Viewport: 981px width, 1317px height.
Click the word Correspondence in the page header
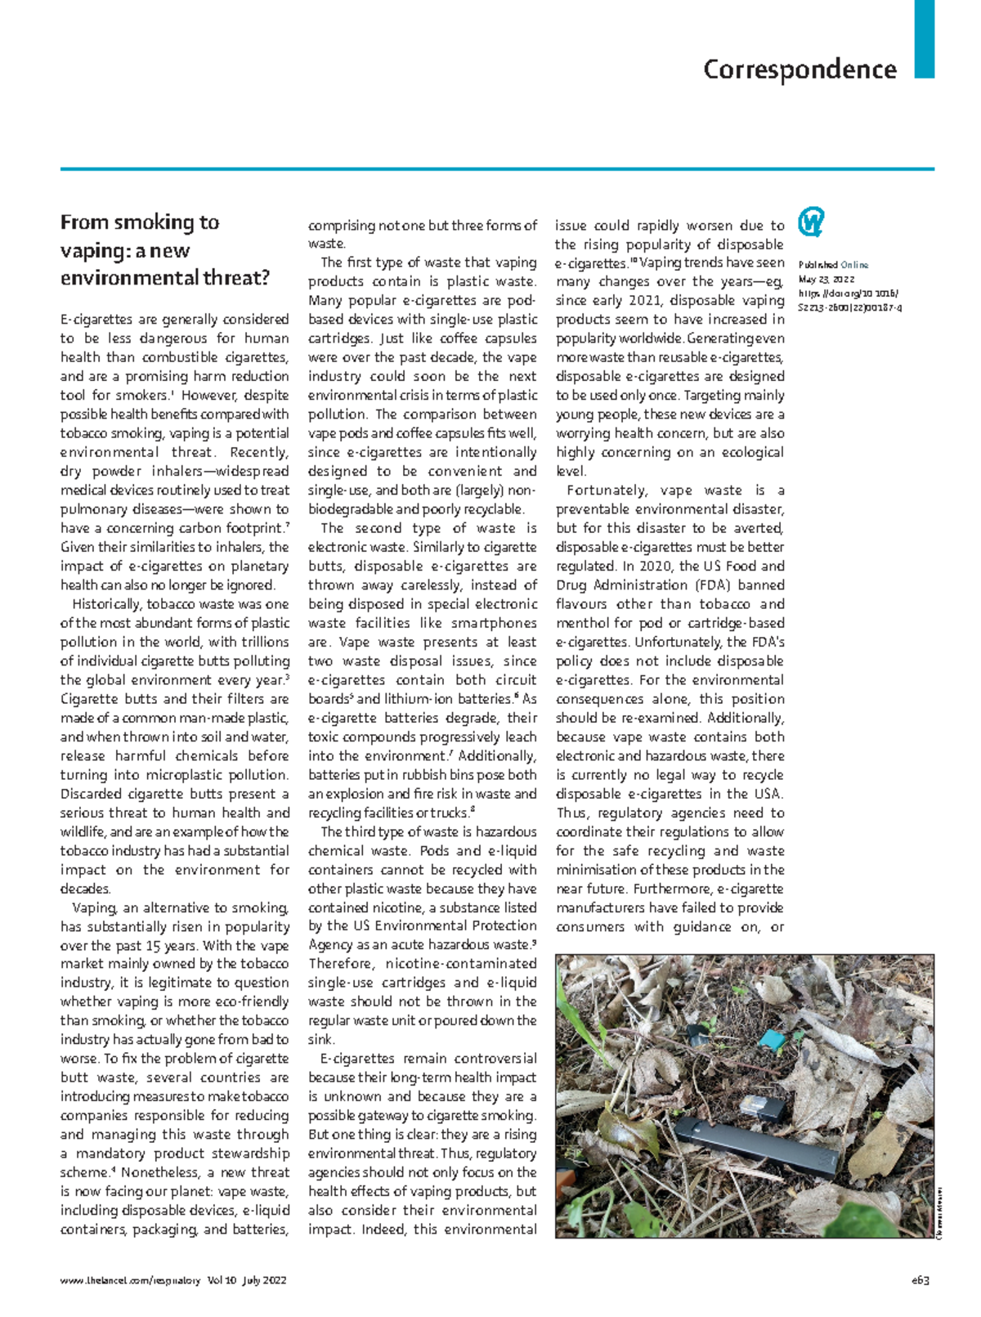tap(800, 69)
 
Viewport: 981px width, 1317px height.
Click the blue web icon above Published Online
tap(810, 222)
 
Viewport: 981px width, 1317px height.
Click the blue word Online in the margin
tap(855, 265)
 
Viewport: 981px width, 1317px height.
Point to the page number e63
tap(921, 1280)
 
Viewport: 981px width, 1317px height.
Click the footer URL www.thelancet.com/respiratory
tap(130, 1280)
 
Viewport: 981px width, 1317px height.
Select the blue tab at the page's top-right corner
tap(924, 38)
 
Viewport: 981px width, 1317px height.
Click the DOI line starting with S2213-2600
tap(849, 308)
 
